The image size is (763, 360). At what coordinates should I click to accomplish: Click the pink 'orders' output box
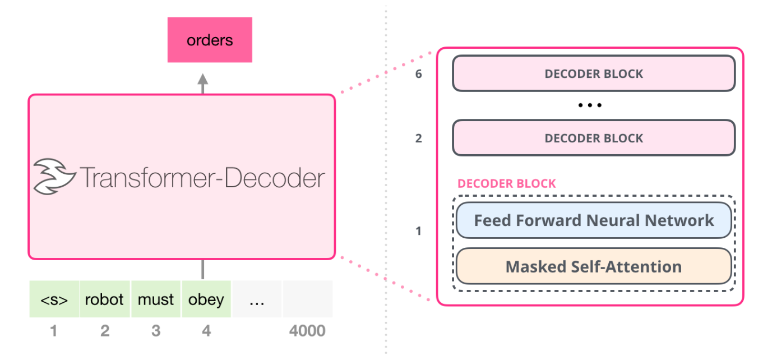coord(210,40)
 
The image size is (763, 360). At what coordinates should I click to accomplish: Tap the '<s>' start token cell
coord(54,299)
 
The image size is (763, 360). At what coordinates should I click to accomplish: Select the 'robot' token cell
coord(105,299)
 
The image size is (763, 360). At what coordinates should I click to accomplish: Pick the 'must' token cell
coord(156,299)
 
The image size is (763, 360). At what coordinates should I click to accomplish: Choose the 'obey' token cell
coord(206,299)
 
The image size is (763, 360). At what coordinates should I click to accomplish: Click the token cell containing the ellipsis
coord(257,299)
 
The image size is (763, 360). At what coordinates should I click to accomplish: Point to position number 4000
coord(307,331)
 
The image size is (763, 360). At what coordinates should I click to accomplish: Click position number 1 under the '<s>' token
coord(53,331)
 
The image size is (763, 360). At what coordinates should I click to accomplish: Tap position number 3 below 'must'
coord(156,331)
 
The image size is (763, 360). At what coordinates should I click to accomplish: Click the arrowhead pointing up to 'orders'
coord(203,79)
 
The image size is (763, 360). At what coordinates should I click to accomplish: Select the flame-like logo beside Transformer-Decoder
coord(54,177)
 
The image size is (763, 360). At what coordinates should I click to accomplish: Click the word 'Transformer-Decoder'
coord(202,177)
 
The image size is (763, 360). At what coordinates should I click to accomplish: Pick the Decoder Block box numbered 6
coord(594,73)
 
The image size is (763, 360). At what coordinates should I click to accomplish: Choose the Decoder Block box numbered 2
coord(594,138)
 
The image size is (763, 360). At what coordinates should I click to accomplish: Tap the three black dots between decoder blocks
coord(590,105)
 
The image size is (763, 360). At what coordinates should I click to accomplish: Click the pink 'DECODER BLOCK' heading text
coord(506,183)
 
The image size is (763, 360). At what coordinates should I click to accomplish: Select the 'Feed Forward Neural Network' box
coord(594,220)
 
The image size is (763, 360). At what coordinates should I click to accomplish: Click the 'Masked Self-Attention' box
coord(594,266)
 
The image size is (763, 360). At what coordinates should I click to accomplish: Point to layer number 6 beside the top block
coord(419,74)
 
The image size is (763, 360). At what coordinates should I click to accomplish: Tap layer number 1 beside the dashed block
coord(419,231)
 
